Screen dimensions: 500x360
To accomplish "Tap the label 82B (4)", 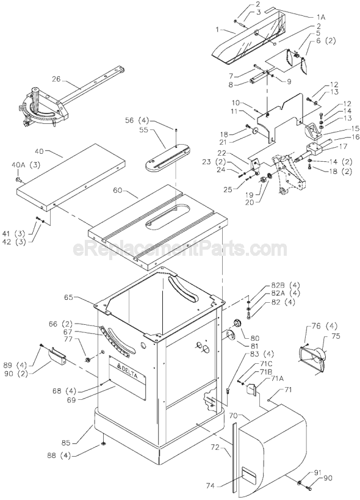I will coord(271,285).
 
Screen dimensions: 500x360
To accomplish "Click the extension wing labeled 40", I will coord(70,174).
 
